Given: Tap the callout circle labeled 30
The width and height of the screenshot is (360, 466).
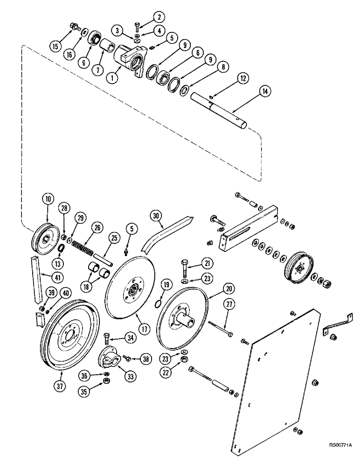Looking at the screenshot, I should (x=156, y=215).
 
